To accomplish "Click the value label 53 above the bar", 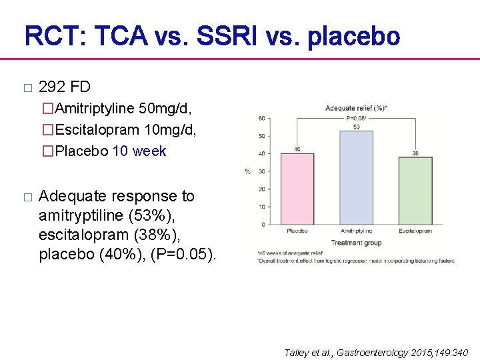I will click(x=356, y=127).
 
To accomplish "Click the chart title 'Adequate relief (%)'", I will click(x=356, y=108).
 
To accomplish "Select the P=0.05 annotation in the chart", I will click(x=356, y=118).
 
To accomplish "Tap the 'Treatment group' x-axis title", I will click(x=356, y=243).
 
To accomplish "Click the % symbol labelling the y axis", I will click(x=247, y=171).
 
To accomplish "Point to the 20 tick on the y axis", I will click(x=261, y=189).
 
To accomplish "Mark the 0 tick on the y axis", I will click(x=263, y=225).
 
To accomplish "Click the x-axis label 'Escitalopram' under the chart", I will click(x=415, y=231).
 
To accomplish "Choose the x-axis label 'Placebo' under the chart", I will click(x=297, y=231).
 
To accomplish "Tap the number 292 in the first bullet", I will click(x=51, y=87).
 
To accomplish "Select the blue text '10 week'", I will click(x=139, y=151).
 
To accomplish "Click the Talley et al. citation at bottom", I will click(x=376, y=352).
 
